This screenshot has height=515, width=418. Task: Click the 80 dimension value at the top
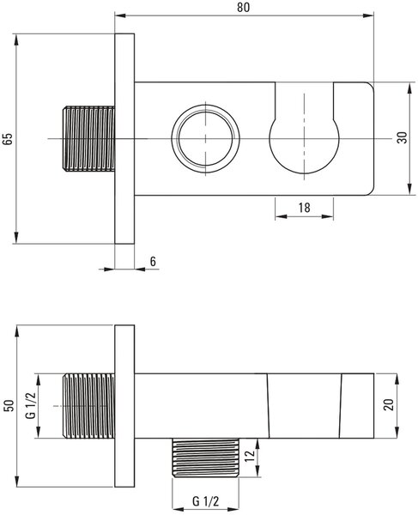(x=243, y=7)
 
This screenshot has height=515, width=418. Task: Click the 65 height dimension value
(x=8, y=138)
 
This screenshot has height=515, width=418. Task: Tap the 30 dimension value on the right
(x=402, y=137)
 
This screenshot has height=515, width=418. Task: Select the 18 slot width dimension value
(x=304, y=208)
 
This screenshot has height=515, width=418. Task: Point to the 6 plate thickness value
(x=153, y=262)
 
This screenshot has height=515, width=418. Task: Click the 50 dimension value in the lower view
(x=9, y=406)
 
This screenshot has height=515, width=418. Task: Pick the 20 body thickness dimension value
(x=388, y=404)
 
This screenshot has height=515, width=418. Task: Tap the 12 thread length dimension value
(x=250, y=456)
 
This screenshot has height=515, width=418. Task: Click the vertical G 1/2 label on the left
(x=31, y=406)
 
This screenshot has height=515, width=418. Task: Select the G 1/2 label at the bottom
(x=205, y=501)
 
